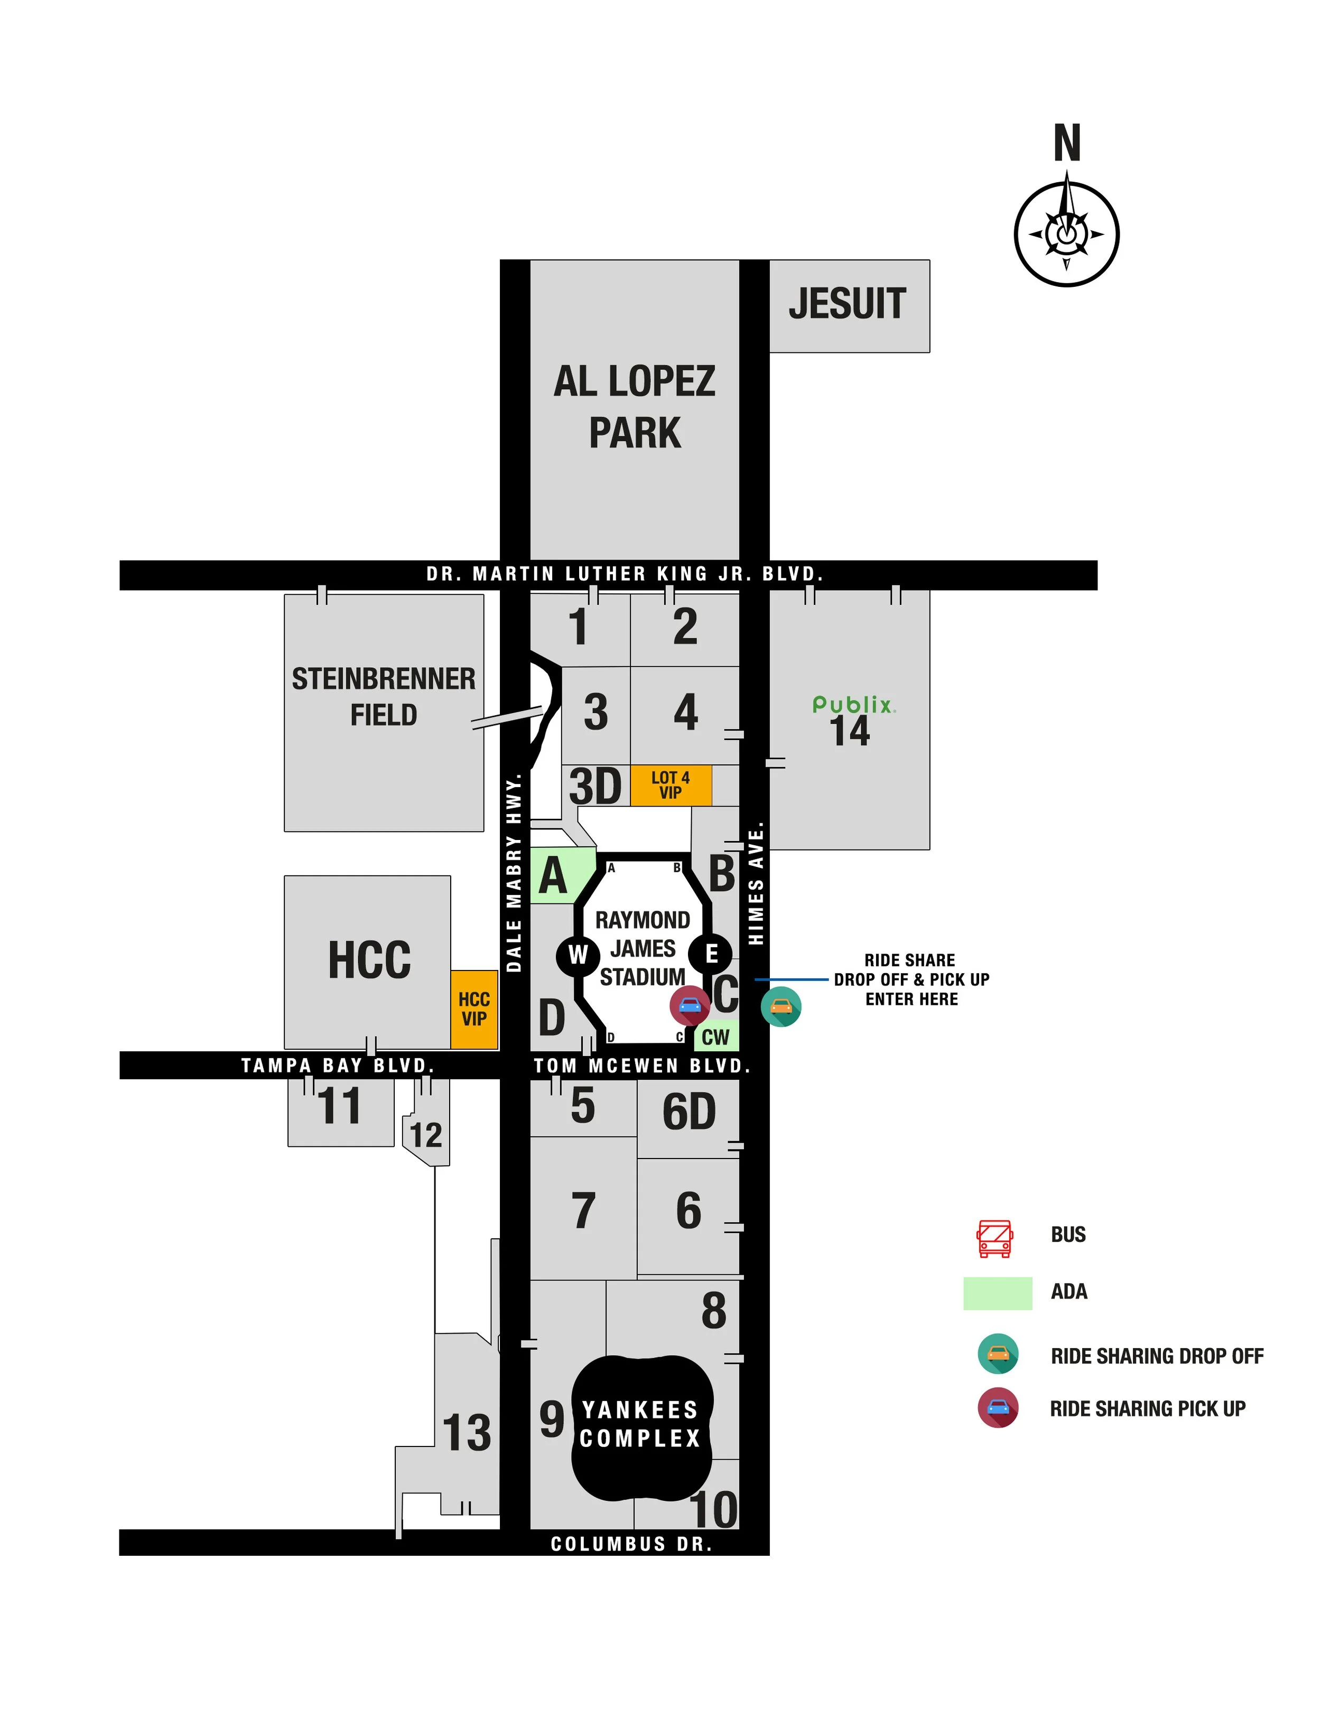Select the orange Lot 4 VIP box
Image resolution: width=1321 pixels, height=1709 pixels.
671,785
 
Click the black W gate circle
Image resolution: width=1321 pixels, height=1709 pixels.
578,955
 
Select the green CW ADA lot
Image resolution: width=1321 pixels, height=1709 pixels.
715,1036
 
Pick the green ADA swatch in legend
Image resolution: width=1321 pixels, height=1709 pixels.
997,1293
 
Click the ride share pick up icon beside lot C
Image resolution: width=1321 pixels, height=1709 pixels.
690,1005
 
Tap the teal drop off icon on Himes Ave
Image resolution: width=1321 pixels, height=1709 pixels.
780,1006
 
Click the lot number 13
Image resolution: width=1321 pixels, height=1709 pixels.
467,1433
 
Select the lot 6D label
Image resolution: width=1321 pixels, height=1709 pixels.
689,1112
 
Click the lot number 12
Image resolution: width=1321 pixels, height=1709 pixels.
426,1135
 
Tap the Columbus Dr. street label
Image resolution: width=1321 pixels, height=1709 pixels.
631,1543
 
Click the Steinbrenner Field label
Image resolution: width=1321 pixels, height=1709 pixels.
384,696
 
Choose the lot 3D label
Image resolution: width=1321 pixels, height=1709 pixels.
595,787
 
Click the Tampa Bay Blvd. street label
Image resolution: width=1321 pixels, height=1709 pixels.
337,1065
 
